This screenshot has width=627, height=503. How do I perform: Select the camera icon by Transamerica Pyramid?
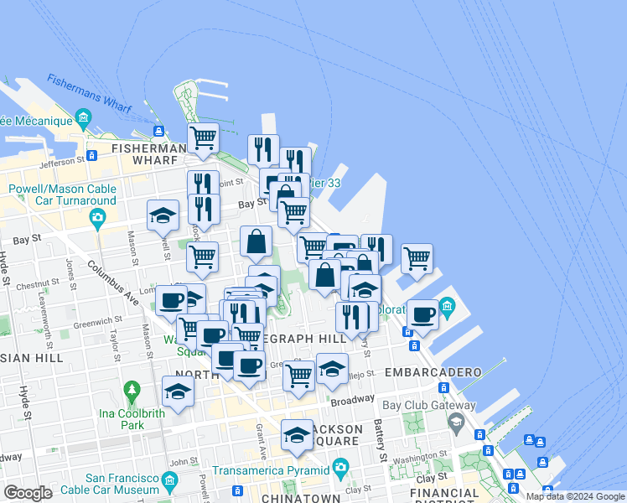pyautogui.click(x=339, y=466)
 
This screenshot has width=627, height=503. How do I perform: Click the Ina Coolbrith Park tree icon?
pyautogui.click(x=132, y=391)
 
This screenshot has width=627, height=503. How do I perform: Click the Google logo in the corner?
pyautogui.click(x=28, y=493)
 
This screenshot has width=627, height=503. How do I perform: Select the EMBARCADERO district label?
pyautogui.click(x=433, y=371)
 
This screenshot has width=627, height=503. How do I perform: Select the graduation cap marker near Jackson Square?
pyautogui.click(x=297, y=433)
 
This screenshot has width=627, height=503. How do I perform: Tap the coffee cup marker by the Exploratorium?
pyautogui.click(x=422, y=314)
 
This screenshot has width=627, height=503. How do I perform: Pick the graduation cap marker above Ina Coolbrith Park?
pyautogui.click(x=178, y=391)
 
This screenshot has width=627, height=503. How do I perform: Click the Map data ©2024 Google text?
pyautogui.click(x=576, y=496)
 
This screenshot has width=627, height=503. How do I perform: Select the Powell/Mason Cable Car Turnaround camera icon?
pyautogui.click(x=98, y=220)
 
